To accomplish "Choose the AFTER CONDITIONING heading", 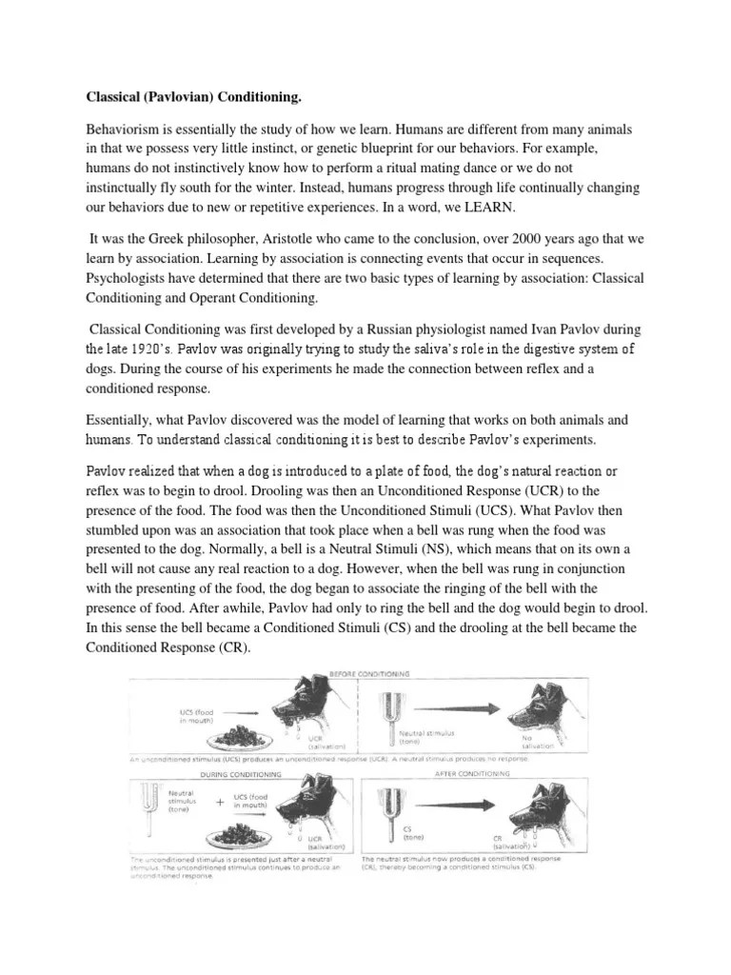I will pos(472,774).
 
